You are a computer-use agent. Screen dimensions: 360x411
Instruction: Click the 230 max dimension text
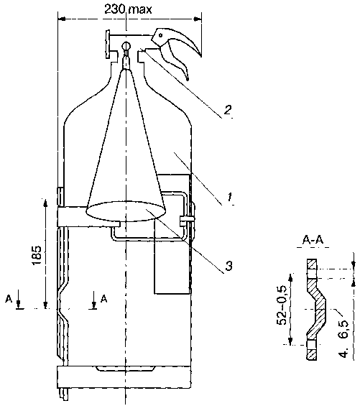pyautogui.click(x=128, y=9)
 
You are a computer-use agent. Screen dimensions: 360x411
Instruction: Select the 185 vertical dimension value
pyautogui.click(x=37, y=255)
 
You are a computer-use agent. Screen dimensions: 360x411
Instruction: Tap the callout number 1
pyautogui.click(x=230, y=197)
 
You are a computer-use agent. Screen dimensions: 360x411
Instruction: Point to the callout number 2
pyautogui.click(x=227, y=109)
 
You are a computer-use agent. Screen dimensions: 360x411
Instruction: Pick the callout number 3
pyautogui.click(x=229, y=266)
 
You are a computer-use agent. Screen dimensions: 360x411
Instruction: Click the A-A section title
pyautogui.click(x=313, y=240)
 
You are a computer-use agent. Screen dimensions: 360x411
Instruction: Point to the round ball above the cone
pyautogui.click(x=126, y=45)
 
